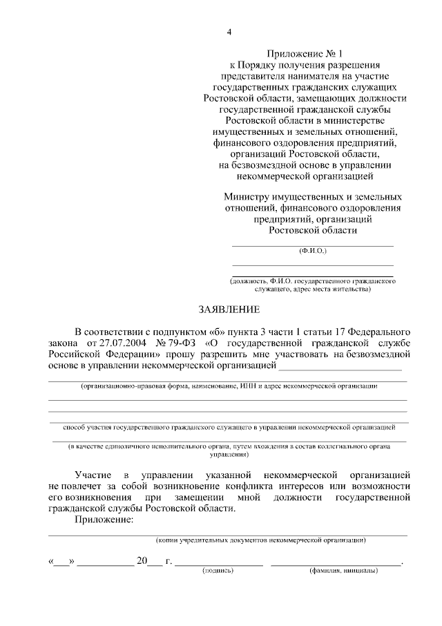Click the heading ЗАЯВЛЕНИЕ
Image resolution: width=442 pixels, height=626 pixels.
tap(229, 309)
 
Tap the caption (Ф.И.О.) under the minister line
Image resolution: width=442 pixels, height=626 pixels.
tap(312, 253)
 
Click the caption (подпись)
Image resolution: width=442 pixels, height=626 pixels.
tap(218, 571)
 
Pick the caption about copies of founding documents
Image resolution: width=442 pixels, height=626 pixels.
tap(261, 540)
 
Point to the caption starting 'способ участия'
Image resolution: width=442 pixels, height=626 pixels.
tap(228, 428)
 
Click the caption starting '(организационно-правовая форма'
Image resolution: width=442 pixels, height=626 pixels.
tap(229, 385)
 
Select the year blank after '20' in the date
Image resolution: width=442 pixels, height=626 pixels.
tap(156, 563)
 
